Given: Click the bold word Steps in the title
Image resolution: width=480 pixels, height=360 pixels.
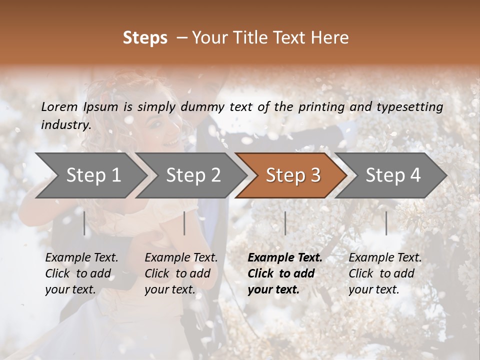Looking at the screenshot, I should coord(145,38).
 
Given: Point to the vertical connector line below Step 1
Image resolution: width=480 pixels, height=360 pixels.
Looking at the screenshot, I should coord(84,223).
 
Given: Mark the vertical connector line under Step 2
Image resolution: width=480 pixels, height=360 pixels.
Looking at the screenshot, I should coord(184,223).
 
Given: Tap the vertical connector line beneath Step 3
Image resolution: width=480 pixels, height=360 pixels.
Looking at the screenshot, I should coord(285,223).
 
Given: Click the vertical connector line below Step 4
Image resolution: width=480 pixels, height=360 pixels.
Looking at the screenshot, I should coord(386,223).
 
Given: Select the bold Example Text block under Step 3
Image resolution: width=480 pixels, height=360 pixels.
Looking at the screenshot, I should coord(284,273).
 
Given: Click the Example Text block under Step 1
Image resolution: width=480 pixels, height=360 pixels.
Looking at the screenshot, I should coord(81,273).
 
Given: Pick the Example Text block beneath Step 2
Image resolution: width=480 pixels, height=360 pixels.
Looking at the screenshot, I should coord(181,273).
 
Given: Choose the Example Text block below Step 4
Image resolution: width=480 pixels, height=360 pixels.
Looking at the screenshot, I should coord(385,273).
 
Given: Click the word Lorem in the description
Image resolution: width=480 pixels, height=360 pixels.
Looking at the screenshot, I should coord(59,107).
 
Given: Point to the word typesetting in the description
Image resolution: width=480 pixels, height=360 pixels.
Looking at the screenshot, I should coord(410,107).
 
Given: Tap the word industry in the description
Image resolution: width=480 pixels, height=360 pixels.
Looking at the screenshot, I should coord(65,125).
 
